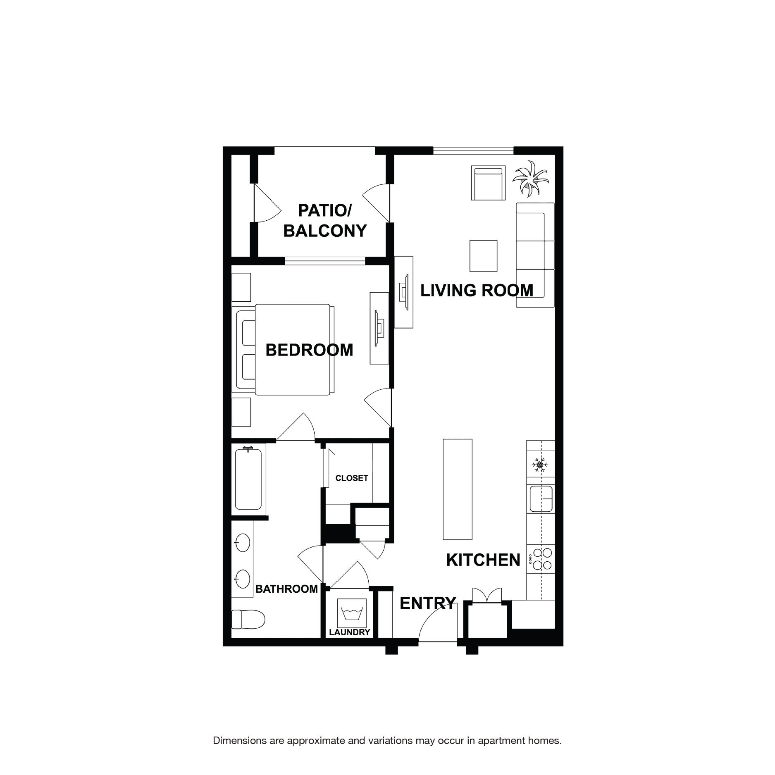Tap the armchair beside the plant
click(x=488, y=183)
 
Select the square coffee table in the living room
click(x=483, y=256)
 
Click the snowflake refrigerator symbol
click(x=540, y=465)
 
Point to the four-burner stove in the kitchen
click(x=542, y=559)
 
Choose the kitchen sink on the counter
click(x=541, y=499)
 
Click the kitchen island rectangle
click(x=458, y=489)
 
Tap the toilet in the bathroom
click(x=248, y=619)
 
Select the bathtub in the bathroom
click(x=248, y=479)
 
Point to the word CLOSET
click(x=351, y=478)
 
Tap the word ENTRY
click(x=427, y=603)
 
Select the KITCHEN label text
click(x=483, y=560)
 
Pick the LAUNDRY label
click(x=350, y=632)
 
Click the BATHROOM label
click(x=286, y=589)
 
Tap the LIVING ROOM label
click(x=477, y=290)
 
